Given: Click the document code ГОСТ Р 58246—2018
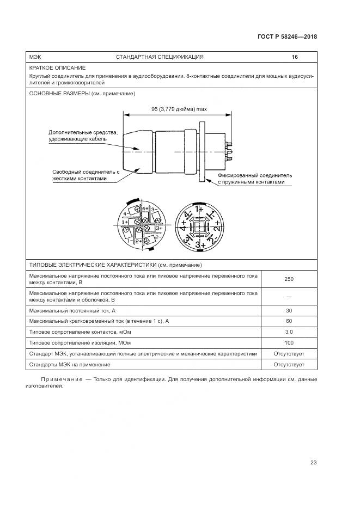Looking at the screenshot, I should [x=287, y=37].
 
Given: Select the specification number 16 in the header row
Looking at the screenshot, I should [x=295, y=57].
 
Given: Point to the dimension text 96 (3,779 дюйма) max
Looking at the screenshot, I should [x=179, y=109].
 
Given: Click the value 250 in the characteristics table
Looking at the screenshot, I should [x=289, y=279].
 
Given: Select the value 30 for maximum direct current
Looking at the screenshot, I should [x=289, y=310].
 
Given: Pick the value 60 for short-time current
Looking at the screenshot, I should [x=289, y=321].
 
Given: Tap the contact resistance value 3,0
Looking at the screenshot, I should [x=289, y=332].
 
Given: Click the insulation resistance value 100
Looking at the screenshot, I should [x=289, y=343].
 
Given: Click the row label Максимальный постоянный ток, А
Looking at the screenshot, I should [x=72, y=310].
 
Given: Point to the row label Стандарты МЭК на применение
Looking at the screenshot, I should [x=70, y=365].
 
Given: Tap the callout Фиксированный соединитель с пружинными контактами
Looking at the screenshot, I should [x=255, y=179].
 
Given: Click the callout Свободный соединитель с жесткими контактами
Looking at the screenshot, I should [x=86, y=175].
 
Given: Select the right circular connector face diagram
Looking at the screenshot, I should [x=199, y=226].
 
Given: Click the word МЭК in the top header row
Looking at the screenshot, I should [x=35, y=57].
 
